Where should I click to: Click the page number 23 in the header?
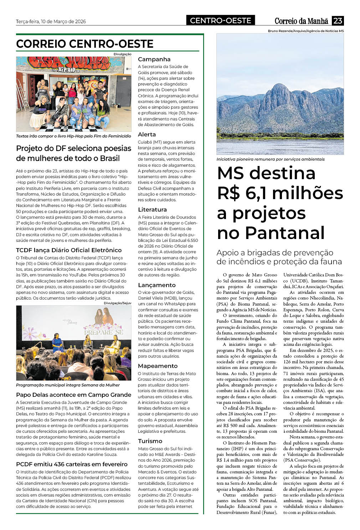click(x=338, y=21)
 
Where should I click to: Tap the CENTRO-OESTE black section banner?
click(x=221, y=21)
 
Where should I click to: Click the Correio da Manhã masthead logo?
click(x=301, y=21)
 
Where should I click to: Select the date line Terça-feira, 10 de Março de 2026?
click(x=51, y=21)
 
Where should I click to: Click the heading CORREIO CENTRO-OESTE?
click(x=85, y=44)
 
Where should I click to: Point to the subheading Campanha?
click(x=154, y=59)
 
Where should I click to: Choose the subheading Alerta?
click(x=147, y=134)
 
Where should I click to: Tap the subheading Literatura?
click(x=152, y=209)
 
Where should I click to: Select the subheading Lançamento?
click(x=156, y=285)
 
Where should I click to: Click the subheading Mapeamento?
click(x=158, y=366)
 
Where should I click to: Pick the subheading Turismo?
click(x=150, y=441)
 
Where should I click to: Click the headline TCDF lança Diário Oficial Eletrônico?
click(x=69, y=250)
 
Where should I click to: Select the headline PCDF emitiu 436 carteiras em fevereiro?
click(x=72, y=464)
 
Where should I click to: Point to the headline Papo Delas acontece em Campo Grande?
click(x=73, y=395)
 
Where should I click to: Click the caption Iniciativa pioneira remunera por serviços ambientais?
click(x=270, y=159)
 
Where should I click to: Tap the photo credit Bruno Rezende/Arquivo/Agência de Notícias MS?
click(x=306, y=31)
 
